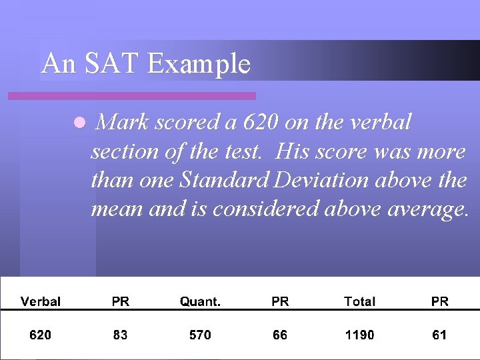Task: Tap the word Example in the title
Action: pyautogui.click(x=199, y=64)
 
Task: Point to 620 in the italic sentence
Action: pyautogui.click(x=261, y=123)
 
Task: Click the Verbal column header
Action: pyautogui.click(x=41, y=301)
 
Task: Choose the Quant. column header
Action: pyautogui.click(x=200, y=301)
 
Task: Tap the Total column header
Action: pyautogui.click(x=359, y=301)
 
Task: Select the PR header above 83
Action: pyautogui.click(x=121, y=301)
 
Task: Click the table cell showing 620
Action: pyautogui.click(x=40, y=335)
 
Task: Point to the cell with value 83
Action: pyautogui.click(x=120, y=335)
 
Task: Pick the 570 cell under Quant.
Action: pyautogui.click(x=200, y=335)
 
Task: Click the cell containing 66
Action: pyautogui.click(x=280, y=335)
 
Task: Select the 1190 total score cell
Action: pyautogui.click(x=359, y=335)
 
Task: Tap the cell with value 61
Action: pyautogui.click(x=439, y=335)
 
